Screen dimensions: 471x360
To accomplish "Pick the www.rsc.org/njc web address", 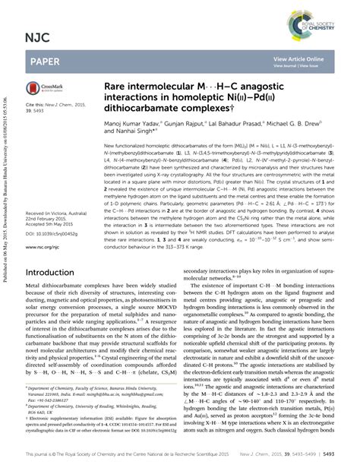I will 46,246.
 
